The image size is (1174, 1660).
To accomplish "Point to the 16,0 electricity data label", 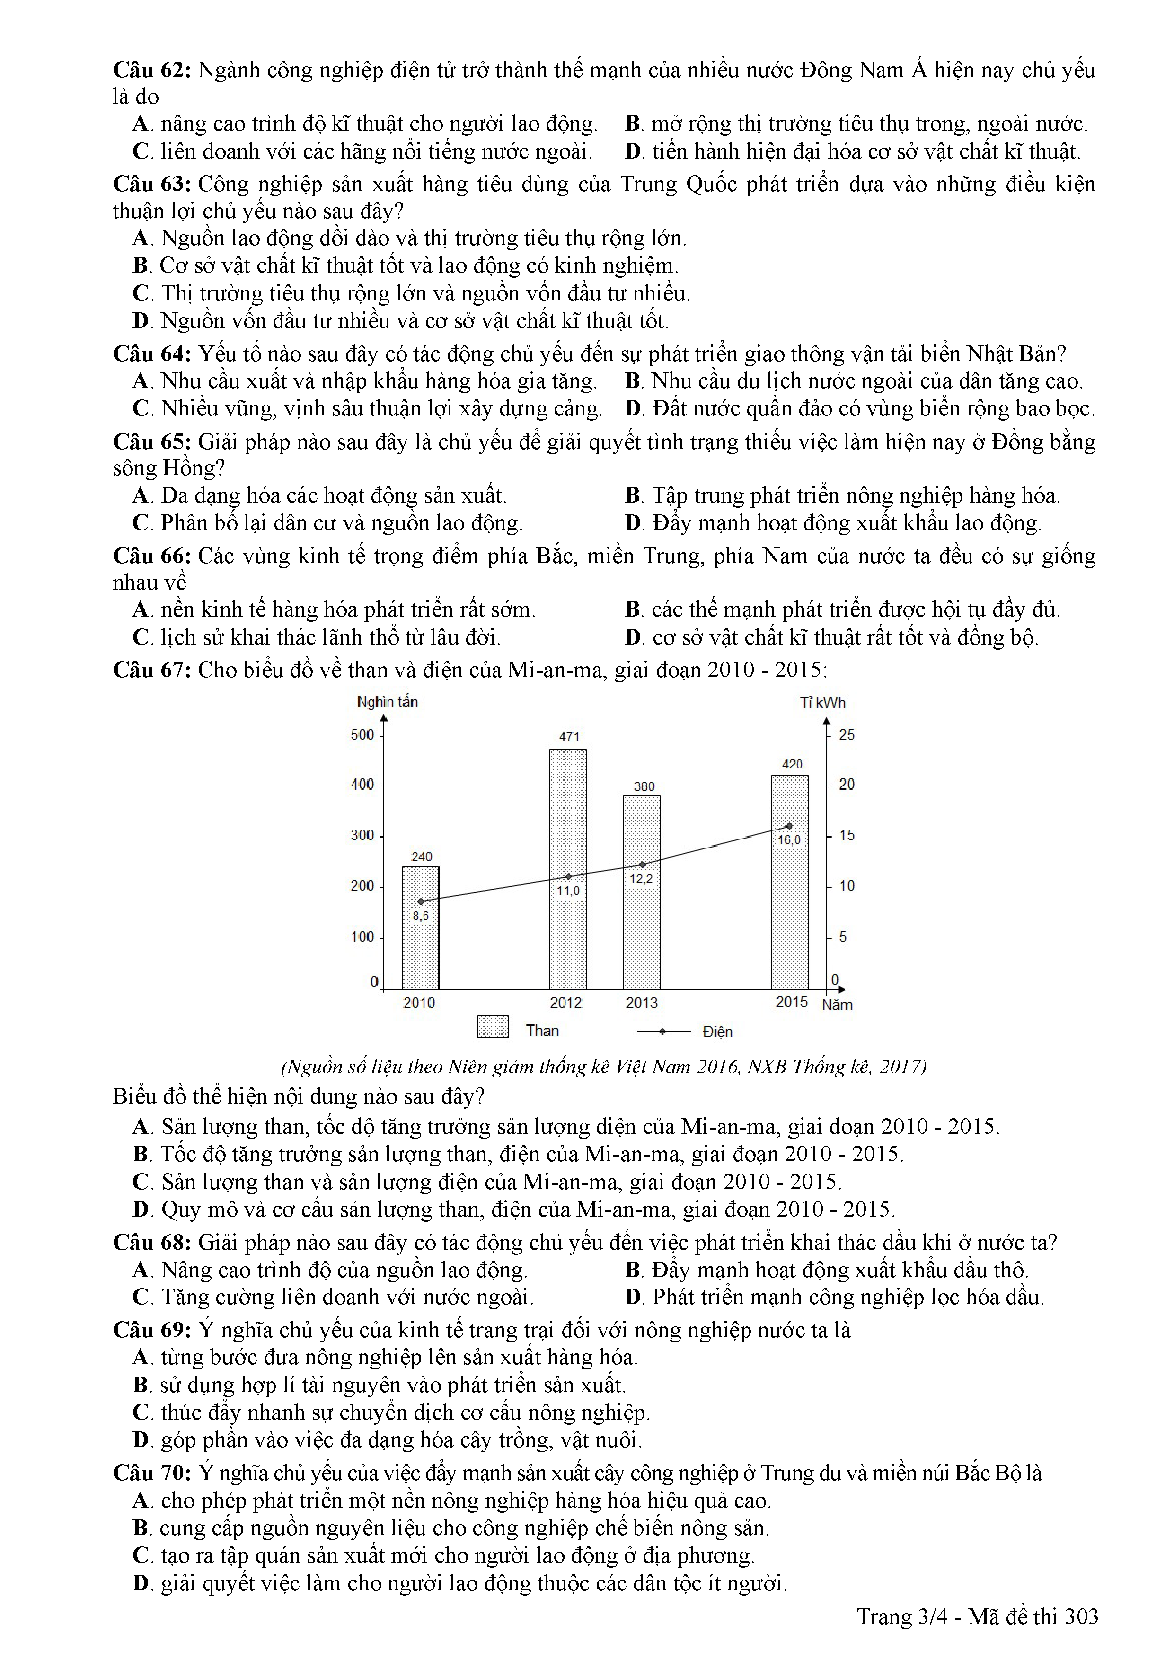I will (x=789, y=840).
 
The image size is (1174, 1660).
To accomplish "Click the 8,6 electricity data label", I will (x=420, y=915).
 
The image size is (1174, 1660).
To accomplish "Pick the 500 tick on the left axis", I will (x=362, y=734).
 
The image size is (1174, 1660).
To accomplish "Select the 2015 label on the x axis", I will (x=792, y=1001).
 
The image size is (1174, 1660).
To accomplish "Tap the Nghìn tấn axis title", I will (x=388, y=701).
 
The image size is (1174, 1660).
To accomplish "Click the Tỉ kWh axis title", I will (x=823, y=703).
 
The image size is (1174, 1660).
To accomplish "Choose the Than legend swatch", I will (x=493, y=1027).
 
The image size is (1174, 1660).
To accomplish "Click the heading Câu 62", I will (x=151, y=70).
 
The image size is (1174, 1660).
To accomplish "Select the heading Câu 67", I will (x=151, y=670).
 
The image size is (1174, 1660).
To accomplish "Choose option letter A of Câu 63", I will (x=140, y=238).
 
